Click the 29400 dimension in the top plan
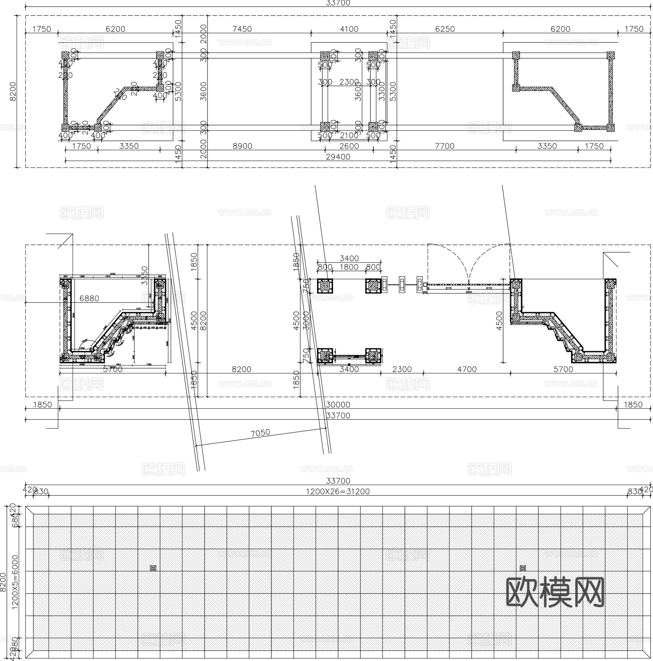pos(338,157)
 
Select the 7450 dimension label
pos(242,29)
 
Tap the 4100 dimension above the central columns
pos(349,29)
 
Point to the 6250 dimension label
pos(445,29)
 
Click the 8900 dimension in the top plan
pos(243,146)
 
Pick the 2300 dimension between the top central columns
pos(349,82)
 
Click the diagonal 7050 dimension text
pos(260,433)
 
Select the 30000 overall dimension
pos(338,405)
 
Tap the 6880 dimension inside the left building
pos(89,299)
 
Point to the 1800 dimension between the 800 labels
pos(349,267)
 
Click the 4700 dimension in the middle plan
pos(467,369)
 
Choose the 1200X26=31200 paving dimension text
pos(338,492)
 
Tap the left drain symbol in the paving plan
pos(153,568)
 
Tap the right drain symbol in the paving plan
pos(523,568)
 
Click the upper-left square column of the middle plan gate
pos(325,286)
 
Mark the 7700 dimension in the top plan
pos(445,146)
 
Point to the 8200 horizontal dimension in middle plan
pos(242,369)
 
